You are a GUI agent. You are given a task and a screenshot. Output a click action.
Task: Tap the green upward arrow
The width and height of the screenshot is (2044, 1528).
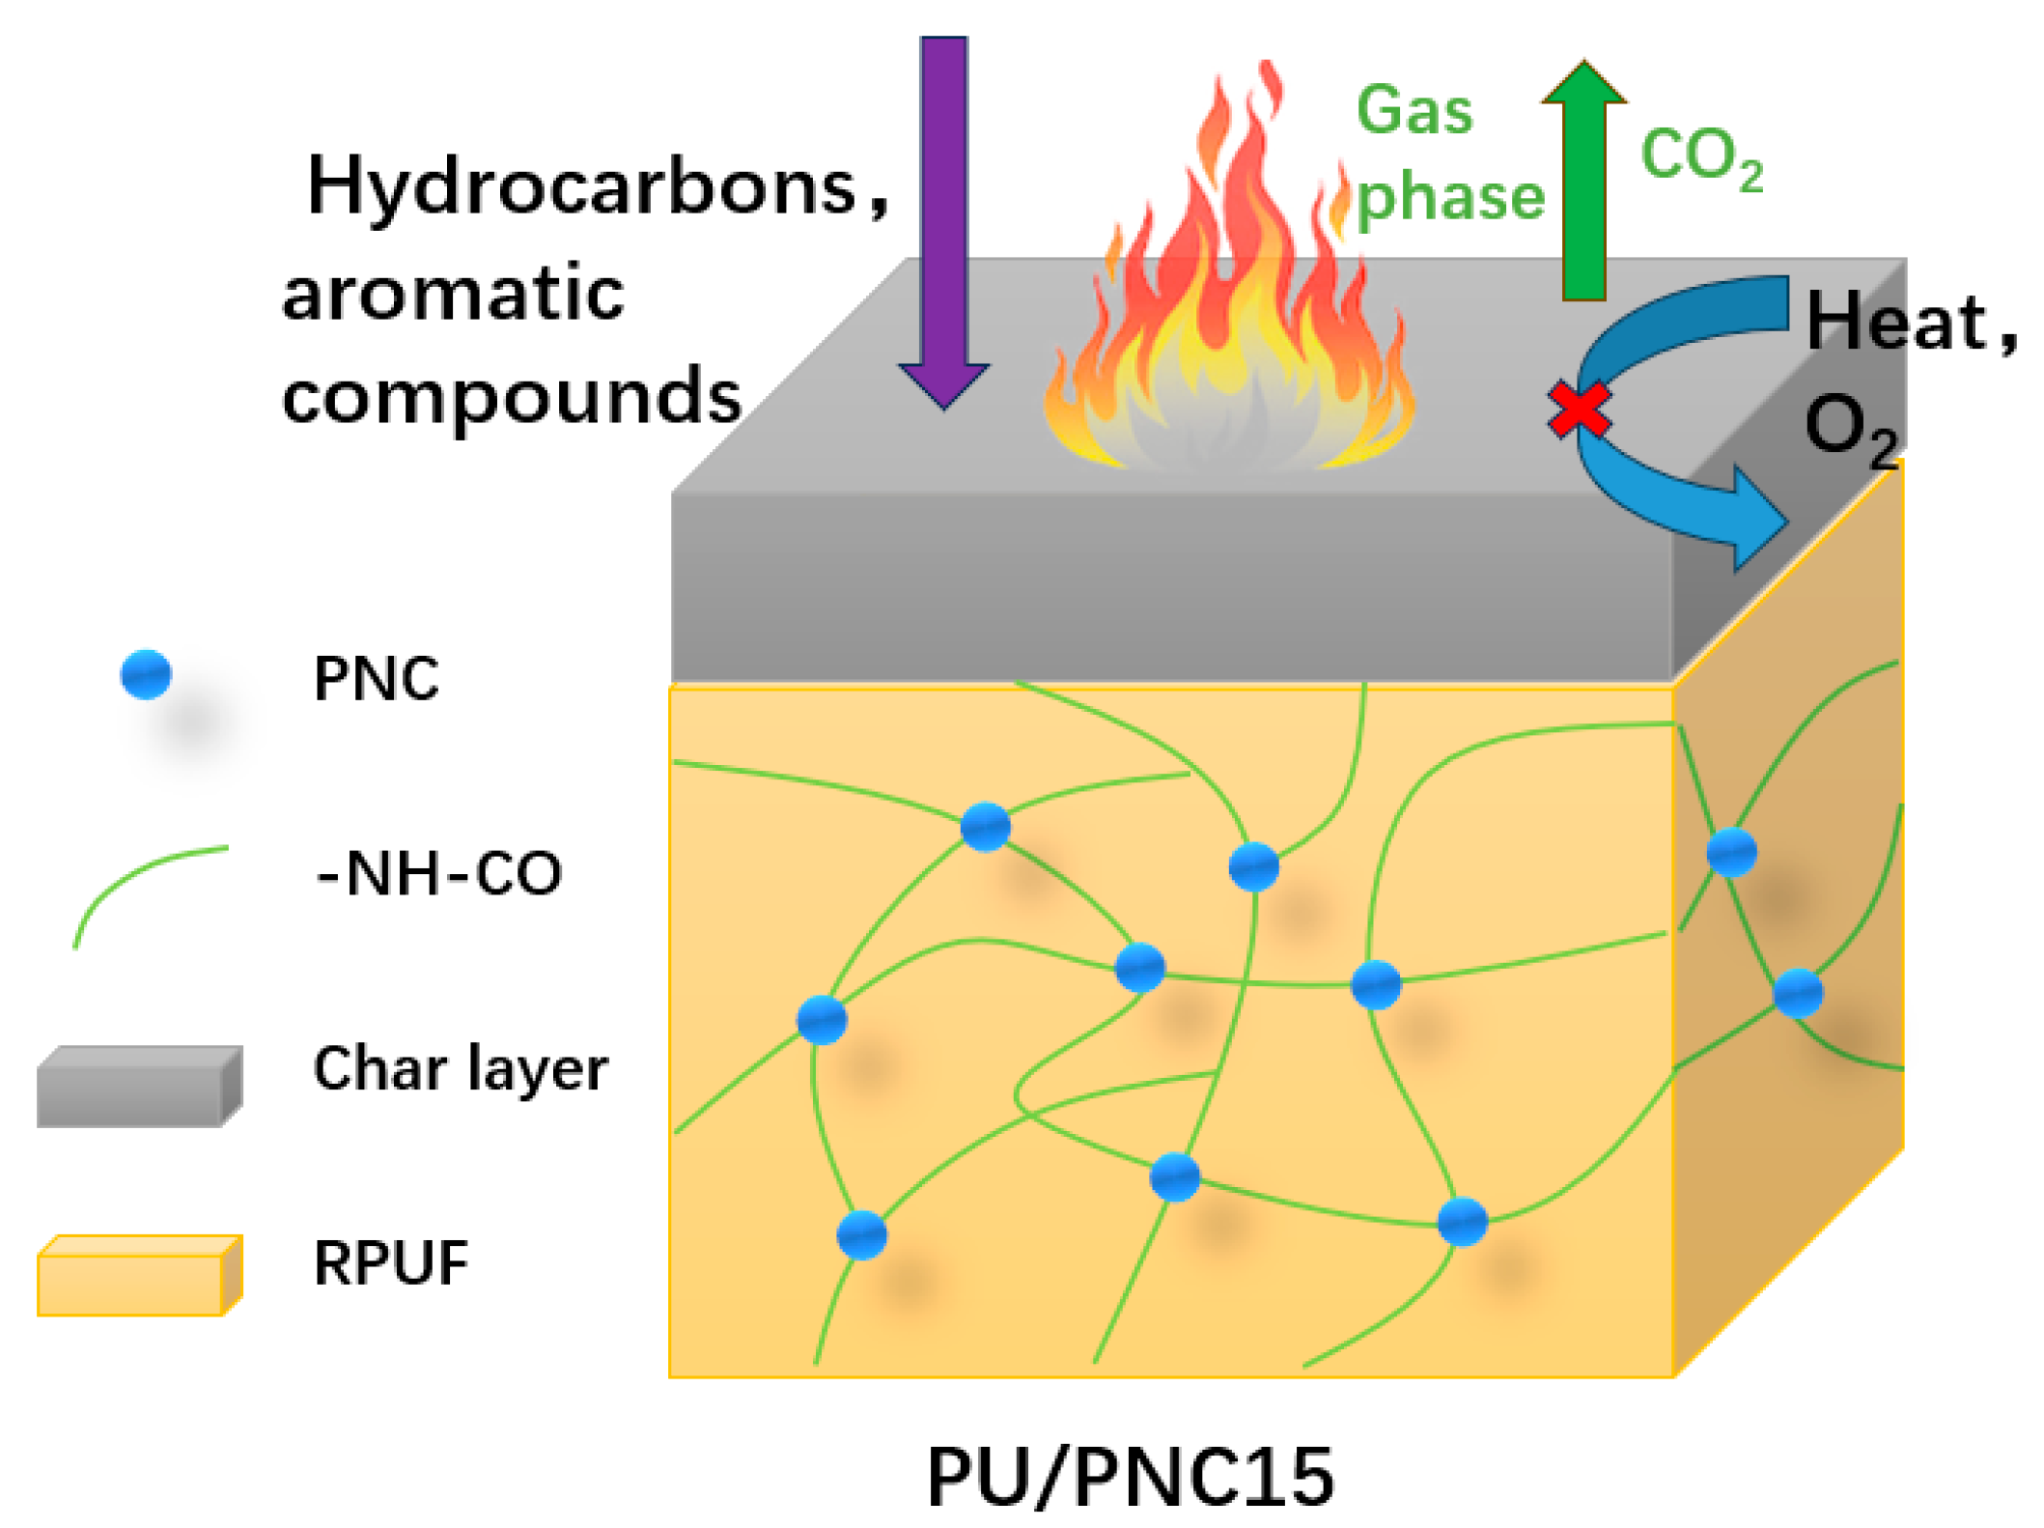click(1583, 184)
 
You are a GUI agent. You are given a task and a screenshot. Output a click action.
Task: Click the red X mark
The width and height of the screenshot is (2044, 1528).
click(1579, 410)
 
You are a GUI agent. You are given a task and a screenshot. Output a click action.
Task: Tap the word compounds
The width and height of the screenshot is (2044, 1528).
click(512, 396)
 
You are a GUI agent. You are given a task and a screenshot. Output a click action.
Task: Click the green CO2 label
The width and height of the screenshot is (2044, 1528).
click(1701, 156)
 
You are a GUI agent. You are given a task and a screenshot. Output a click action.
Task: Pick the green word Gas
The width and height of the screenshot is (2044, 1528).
click(1414, 110)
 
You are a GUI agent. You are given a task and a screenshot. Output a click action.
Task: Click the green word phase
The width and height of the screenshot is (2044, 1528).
click(1450, 198)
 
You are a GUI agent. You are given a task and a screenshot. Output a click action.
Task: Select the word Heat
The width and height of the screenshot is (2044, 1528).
click(1896, 322)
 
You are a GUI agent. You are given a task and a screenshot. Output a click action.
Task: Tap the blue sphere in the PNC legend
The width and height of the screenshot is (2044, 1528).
click(146, 674)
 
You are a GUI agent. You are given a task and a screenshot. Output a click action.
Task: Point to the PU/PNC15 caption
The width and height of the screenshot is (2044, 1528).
click(1130, 1475)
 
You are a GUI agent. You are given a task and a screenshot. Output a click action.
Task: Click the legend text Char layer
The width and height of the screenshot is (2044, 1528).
click(461, 1069)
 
